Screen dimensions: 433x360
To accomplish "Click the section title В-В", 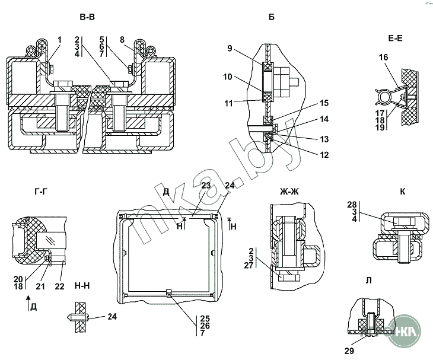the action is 87,17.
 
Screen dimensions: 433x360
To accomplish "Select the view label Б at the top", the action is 272,17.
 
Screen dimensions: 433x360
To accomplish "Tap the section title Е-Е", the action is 395,39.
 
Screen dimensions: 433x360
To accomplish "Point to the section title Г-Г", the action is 42,192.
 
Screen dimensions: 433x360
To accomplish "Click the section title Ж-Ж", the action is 289,192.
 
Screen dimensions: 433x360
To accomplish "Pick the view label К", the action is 402,192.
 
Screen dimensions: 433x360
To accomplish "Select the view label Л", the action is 368,281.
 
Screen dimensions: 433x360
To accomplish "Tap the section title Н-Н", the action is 82,286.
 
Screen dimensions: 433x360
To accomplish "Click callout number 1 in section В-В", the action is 60,40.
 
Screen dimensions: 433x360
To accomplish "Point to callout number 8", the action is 122,40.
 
